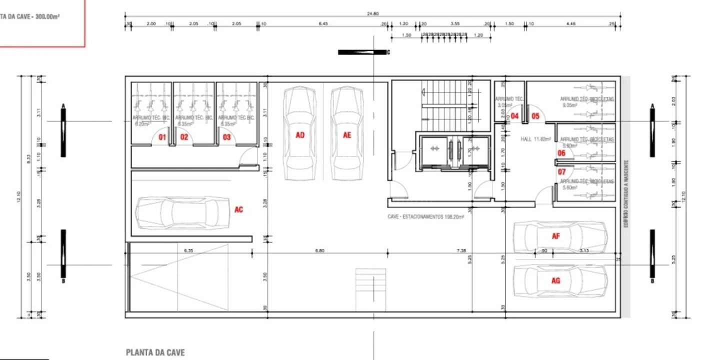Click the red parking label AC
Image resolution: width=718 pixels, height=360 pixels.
[238, 209]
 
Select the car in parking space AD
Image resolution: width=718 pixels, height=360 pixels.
[300, 134]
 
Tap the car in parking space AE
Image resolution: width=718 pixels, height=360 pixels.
[347, 134]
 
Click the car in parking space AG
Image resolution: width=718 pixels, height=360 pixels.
[560, 281]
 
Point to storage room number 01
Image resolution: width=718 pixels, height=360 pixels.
[162, 136]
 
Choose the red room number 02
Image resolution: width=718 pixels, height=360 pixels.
[184, 136]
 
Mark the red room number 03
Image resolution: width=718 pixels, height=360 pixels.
[227, 136]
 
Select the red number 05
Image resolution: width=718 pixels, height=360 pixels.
[535, 116]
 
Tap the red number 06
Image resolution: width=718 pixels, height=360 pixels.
[561, 153]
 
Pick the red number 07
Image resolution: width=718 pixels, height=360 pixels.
[561, 172]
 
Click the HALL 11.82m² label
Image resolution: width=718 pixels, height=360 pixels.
[535, 139]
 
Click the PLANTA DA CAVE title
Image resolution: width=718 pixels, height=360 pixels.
[155, 352]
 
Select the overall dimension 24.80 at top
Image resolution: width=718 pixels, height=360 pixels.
[372, 14]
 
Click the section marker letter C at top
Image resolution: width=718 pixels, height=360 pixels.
[388, 52]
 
